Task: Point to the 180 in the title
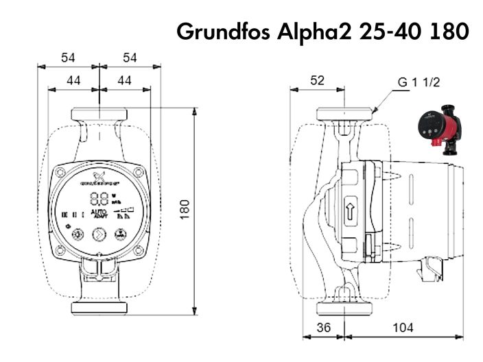point(447,32)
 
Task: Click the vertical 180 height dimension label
point(185,210)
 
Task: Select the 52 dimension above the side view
point(317,80)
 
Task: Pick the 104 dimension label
point(403,328)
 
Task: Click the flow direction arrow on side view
point(350,210)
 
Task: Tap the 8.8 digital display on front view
point(99,200)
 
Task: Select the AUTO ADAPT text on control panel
point(99,214)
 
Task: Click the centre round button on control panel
point(99,234)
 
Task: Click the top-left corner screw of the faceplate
point(62,171)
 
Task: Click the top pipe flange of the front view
point(99,112)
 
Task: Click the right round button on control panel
point(121,234)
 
